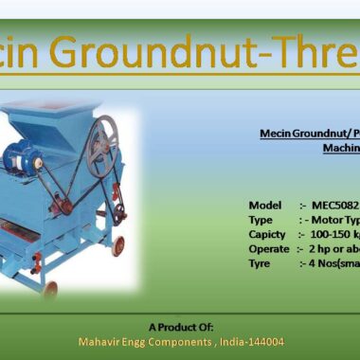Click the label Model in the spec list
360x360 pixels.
265,205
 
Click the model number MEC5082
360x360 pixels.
335,205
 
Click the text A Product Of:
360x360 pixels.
180,326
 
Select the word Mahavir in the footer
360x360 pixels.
99,341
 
